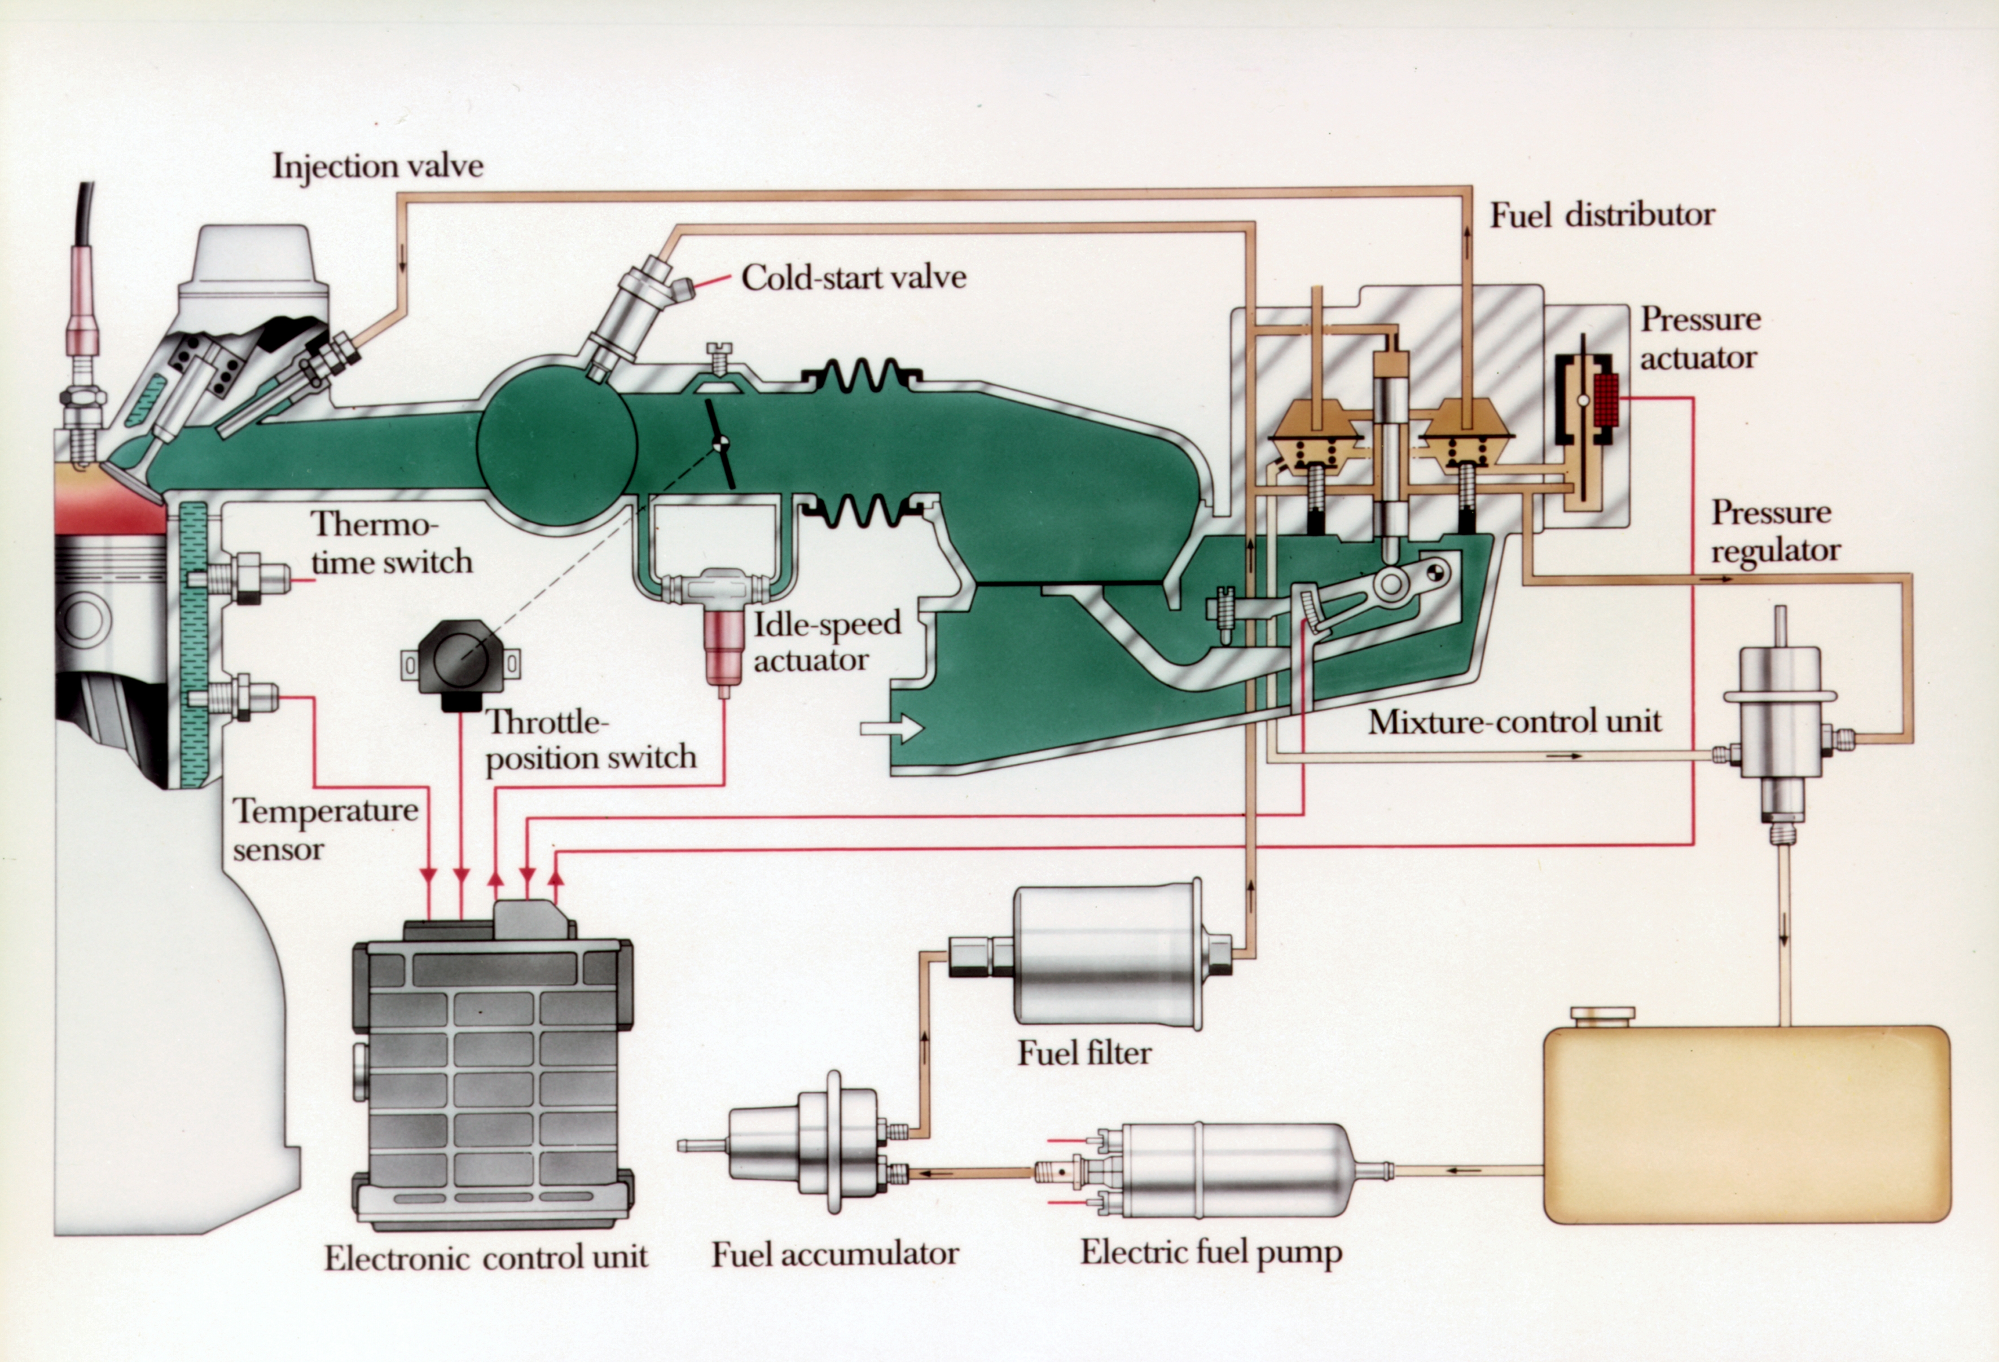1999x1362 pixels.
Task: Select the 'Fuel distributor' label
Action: tap(1602, 214)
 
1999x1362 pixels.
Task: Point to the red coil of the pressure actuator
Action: tap(1605, 400)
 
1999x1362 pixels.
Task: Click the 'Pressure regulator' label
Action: tap(1774, 531)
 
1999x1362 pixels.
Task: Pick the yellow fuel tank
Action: tap(1746, 1123)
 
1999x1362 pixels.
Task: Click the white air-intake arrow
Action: tap(891, 729)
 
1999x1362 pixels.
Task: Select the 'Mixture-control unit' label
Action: tap(1514, 721)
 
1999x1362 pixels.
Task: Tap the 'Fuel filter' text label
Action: tap(1084, 1052)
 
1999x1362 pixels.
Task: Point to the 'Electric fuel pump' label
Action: tap(1210, 1253)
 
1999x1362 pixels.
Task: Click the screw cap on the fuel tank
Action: tap(1602, 1016)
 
